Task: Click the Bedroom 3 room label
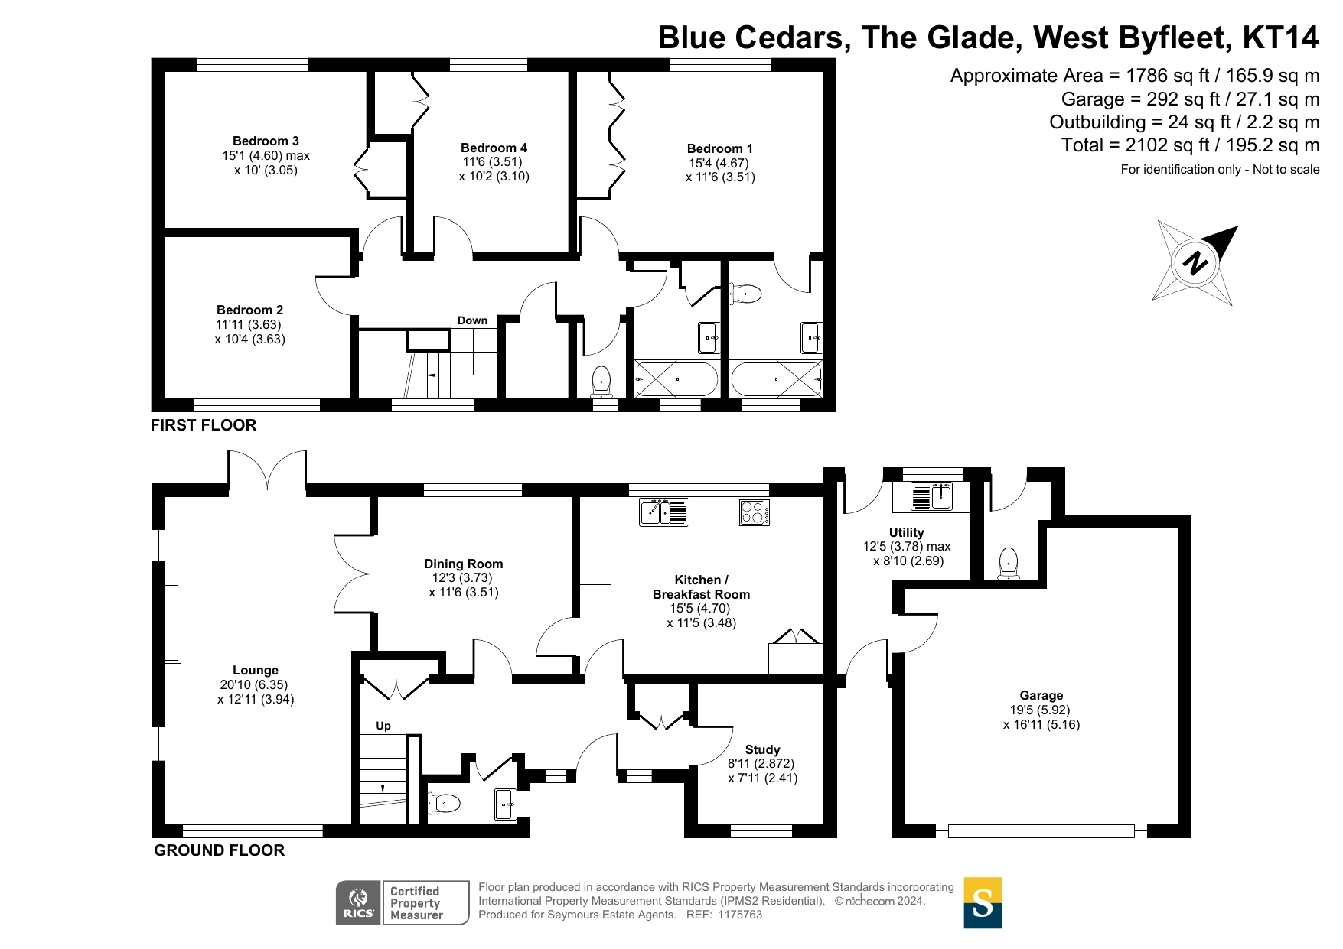[x=266, y=141]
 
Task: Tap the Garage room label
[x=1041, y=695]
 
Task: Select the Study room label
[x=762, y=749]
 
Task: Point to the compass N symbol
[x=1195, y=263]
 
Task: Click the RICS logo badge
[x=359, y=902]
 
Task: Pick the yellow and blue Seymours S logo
[x=983, y=902]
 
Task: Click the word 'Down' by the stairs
[x=472, y=320]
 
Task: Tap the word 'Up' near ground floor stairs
[x=383, y=726]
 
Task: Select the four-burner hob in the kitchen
[x=755, y=512]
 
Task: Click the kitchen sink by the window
[x=664, y=512]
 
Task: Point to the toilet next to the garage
[x=1009, y=562]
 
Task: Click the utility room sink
[x=931, y=496]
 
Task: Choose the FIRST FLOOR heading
[x=204, y=425]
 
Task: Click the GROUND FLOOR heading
[x=219, y=850]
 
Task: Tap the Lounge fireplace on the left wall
[x=173, y=622]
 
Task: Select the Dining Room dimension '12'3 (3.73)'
[x=464, y=578]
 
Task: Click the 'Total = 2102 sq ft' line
[x=1190, y=145]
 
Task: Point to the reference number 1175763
[x=739, y=915]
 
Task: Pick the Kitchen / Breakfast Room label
[x=701, y=587]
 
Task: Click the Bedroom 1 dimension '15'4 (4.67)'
[x=719, y=163]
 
